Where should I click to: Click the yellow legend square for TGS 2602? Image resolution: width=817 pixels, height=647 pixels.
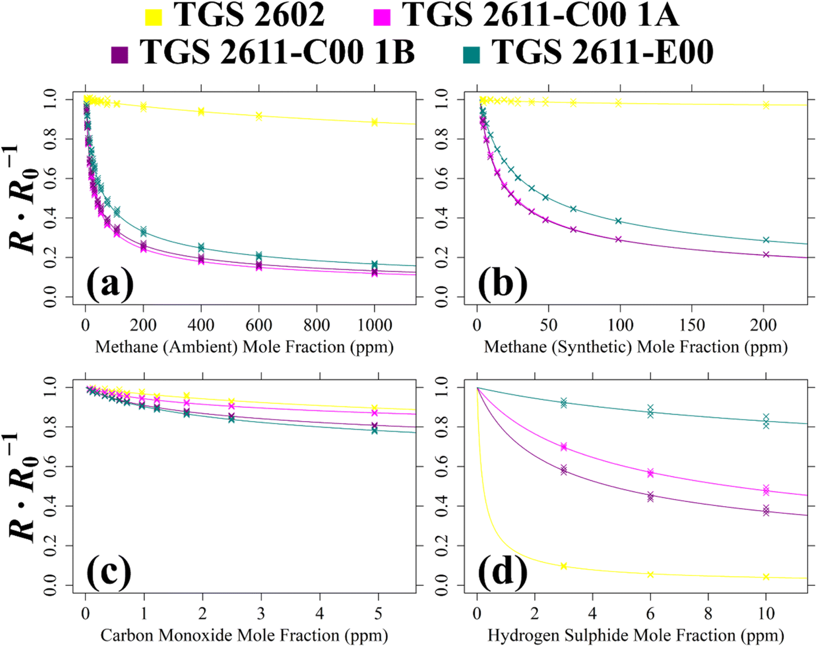pyautogui.click(x=153, y=17)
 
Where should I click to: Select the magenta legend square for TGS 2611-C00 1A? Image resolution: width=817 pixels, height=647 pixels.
pyautogui.click(x=381, y=17)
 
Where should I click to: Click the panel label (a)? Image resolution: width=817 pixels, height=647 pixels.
pyautogui.click(x=110, y=283)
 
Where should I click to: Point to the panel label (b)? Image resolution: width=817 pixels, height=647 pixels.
pyautogui.click(x=502, y=283)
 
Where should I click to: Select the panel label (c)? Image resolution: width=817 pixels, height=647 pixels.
pyautogui.click(x=109, y=572)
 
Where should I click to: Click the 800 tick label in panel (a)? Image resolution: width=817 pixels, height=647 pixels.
pyautogui.click(x=317, y=325)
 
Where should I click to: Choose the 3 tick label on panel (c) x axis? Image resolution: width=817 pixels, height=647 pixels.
pyautogui.click(x=261, y=613)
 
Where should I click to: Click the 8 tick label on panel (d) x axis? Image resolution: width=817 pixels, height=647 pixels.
pyautogui.click(x=708, y=613)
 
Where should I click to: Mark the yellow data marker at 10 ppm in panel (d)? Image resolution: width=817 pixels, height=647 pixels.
pyautogui.click(x=766, y=577)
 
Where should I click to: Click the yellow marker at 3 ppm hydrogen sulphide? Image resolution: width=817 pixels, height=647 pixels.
pyautogui.click(x=564, y=566)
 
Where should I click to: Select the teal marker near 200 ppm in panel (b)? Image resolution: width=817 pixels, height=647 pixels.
pyautogui.click(x=766, y=240)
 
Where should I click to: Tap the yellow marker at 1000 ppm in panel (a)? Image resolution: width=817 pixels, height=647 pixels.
pyautogui.click(x=374, y=122)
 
